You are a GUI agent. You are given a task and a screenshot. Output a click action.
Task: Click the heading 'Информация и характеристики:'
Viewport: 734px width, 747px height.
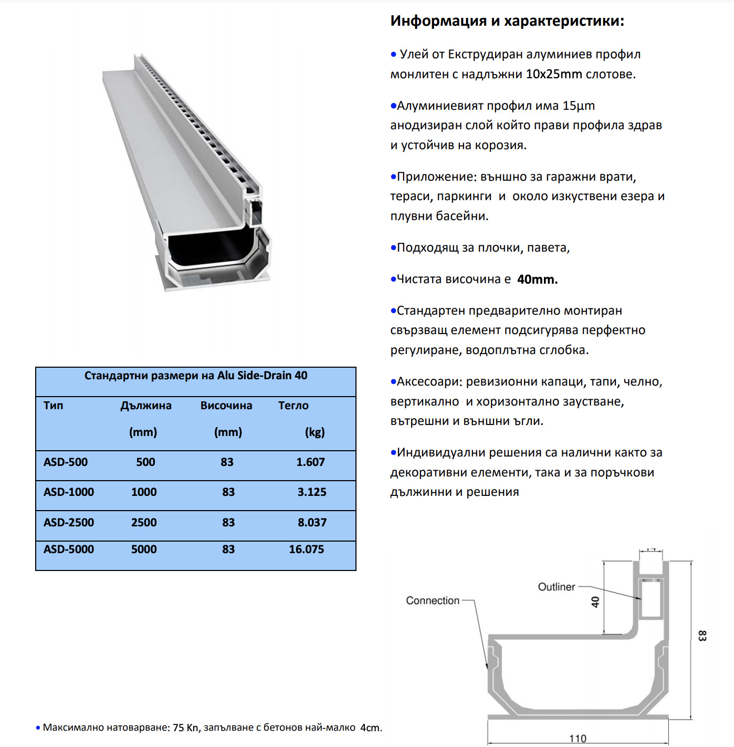pyautogui.click(x=507, y=21)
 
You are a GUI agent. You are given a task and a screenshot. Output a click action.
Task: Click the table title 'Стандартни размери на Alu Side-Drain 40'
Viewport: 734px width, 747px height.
pyautogui.click(x=196, y=376)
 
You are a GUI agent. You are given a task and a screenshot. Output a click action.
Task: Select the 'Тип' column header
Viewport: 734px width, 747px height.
pyautogui.click(x=53, y=406)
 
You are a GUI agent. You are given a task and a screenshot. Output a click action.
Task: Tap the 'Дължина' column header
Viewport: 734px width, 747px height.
pyautogui.click(x=146, y=406)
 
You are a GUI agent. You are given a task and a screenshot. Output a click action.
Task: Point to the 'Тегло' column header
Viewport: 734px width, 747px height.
pyautogui.click(x=293, y=406)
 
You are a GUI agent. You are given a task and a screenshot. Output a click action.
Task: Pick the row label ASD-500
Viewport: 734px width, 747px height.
pyautogui.click(x=66, y=462)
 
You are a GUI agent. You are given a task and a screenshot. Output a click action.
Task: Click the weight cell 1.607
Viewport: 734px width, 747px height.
pyautogui.click(x=310, y=462)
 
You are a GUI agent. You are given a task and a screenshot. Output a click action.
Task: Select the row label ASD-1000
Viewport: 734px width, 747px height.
pyautogui.click(x=69, y=492)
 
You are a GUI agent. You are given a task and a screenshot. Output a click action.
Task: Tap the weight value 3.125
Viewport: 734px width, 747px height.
pyautogui.click(x=312, y=492)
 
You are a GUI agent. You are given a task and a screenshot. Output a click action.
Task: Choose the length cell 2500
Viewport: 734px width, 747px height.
pyautogui.click(x=144, y=523)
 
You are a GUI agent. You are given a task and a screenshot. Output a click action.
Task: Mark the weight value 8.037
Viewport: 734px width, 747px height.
pyautogui.click(x=312, y=523)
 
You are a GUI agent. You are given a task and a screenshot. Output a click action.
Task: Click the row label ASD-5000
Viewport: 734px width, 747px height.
pyautogui.click(x=69, y=549)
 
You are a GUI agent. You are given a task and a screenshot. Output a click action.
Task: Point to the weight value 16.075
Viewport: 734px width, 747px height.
pyautogui.click(x=307, y=549)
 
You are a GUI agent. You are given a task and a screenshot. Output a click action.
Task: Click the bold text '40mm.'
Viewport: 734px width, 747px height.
pyautogui.click(x=537, y=279)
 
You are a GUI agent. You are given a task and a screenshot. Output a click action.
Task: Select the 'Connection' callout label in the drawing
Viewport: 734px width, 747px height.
pyautogui.click(x=433, y=600)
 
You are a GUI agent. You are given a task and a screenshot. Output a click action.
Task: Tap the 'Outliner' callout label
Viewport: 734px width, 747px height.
pyautogui.click(x=557, y=587)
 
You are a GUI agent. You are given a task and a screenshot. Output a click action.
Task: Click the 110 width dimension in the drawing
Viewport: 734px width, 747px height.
pyautogui.click(x=578, y=739)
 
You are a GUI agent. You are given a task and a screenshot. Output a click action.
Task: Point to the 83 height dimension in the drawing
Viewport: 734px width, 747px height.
pyautogui.click(x=702, y=636)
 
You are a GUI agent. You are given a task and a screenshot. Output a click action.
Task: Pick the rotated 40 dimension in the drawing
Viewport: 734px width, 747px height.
pyautogui.click(x=595, y=602)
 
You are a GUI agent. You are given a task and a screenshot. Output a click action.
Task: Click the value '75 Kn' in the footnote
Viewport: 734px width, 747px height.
pyautogui.click(x=186, y=728)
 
